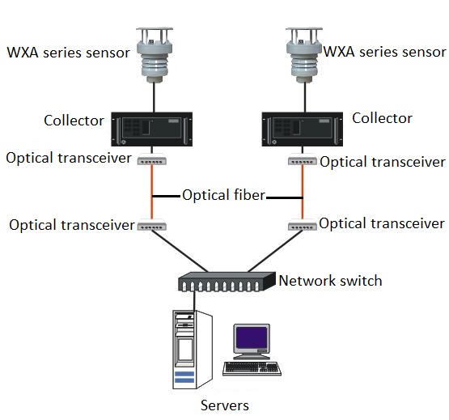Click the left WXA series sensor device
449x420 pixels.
click(155, 55)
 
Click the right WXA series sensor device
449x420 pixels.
click(304, 55)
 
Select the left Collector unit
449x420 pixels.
click(152, 129)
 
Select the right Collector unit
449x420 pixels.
click(303, 129)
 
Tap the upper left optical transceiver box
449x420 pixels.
click(152, 159)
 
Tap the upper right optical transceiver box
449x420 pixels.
click(303, 159)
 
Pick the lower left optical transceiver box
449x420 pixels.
click(152, 225)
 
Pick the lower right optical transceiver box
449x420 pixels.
click(303, 225)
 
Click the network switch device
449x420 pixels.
click(227, 282)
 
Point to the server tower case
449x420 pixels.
click(193, 350)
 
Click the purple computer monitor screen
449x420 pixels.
click(251, 337)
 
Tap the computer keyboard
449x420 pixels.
click(252, 368)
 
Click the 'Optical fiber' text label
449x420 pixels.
click(223, 195)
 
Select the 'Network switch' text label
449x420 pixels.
click(330, 281)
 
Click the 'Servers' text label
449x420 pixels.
click(225, 405)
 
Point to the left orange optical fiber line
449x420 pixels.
click(152, 193)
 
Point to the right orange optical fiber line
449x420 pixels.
click(303, 193)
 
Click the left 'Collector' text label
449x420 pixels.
click(74, 121)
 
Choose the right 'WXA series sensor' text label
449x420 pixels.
click(384, 52)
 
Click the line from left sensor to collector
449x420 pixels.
click(154, 97)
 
